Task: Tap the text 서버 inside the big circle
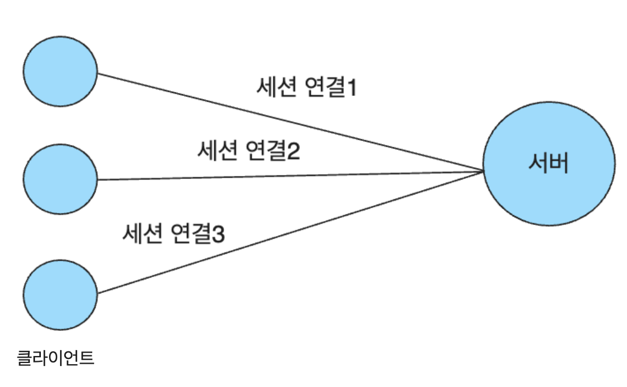[x=548, y=164]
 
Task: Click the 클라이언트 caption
[x=55, y=357]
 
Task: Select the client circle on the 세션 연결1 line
[x=61, y=71]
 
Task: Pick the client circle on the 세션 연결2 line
[x=61, y=179]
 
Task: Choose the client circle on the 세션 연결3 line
[x=61, y=295]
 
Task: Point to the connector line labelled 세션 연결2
[x=292, y=175]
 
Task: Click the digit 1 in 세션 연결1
[x=351, y=88]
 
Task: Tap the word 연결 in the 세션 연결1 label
[x=324, y=88]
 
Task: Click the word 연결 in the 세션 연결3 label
[x=190, y=234]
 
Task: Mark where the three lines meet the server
[x=483, y=171]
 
